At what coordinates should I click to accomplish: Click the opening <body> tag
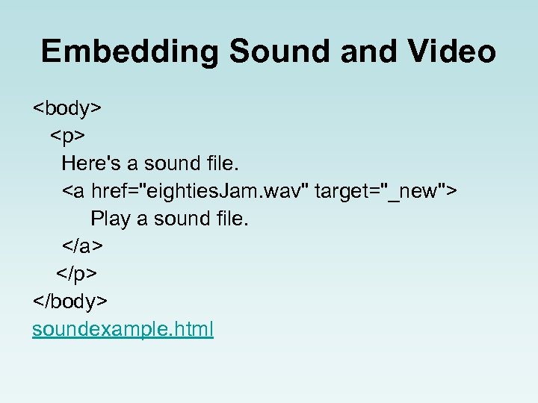[x=67, y=108]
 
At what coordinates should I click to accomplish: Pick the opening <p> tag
[x=68, y=136]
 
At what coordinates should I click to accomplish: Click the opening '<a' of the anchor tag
[x=73, y=191]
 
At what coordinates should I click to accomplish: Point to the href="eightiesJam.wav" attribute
[x=200, y=191]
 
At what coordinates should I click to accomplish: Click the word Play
[x=108, y=219]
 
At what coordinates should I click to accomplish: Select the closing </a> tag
[x=82, y=246]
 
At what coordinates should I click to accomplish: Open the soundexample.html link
[x=123, y=328]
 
